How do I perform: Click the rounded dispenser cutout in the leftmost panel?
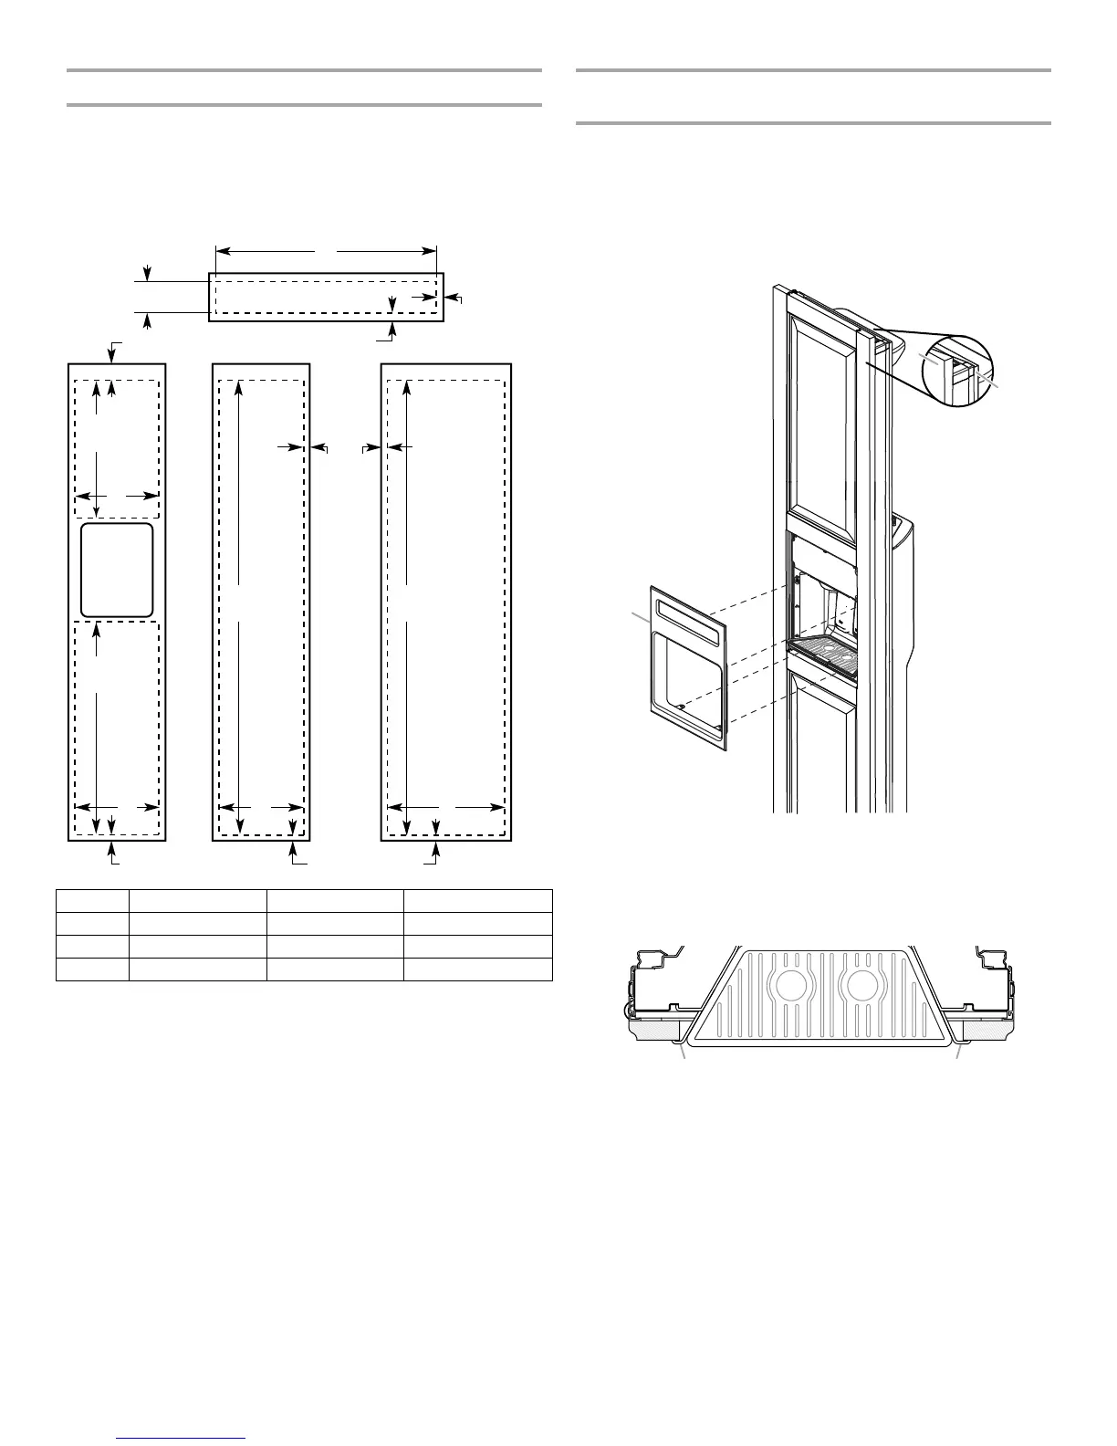tap(117, 571)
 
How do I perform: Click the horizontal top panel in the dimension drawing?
tap(326, 297)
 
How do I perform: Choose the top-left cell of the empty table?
tap(92, 900)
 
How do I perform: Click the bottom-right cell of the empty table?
tap(477, 969)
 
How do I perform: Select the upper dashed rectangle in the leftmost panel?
tap(117, 447)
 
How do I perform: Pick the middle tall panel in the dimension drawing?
tap(261, 602)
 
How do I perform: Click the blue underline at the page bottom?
tap(182, 1439)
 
